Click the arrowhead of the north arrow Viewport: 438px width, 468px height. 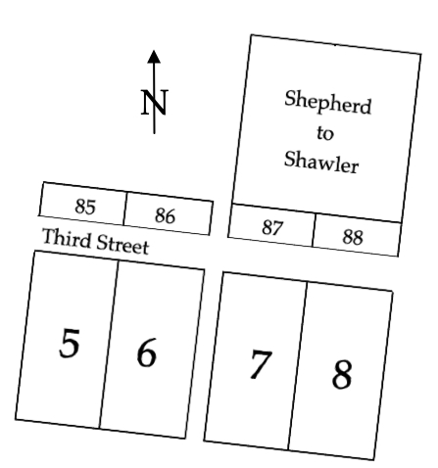(154, 57)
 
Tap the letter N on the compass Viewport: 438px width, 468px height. (155, 103)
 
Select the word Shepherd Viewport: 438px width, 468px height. (328, 102)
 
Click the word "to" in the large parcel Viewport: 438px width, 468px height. (325, 133)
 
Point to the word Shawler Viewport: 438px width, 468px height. (321, 162)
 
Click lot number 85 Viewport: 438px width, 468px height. (85, 207)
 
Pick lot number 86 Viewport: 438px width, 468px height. (165, 215)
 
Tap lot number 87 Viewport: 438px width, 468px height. (271, 227)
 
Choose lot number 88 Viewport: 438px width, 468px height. (353, 237)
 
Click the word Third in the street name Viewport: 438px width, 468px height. (67, 238)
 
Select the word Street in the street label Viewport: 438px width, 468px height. (122, 244)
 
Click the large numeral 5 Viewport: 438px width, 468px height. (70, 344)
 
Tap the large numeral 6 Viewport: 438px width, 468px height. (146, 352)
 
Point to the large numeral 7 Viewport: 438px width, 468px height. (261, 364)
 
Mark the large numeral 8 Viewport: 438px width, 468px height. (342, 374)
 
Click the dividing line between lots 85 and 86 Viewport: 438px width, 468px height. (125, 209)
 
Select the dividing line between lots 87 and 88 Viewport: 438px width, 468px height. (314, 230)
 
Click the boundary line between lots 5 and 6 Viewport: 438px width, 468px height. (109, 344)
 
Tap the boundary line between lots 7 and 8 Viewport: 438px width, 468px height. (297, 366)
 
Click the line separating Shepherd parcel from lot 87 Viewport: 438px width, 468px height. (316, 213)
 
